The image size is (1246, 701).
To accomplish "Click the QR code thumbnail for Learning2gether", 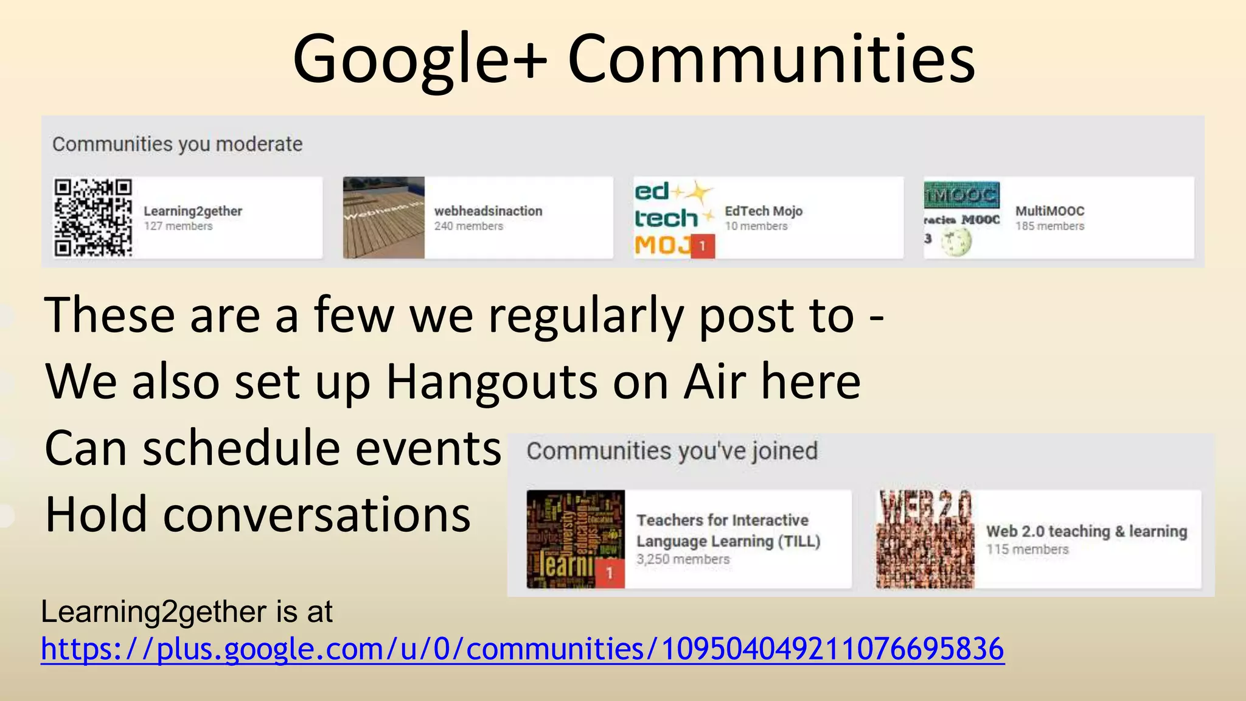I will (92, 217).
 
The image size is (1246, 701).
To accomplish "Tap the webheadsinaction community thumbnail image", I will (383, 217).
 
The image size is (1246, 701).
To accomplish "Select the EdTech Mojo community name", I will (764, 211).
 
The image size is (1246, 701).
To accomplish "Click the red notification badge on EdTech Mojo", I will (703, 246).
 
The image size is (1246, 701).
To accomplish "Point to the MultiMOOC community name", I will (1049, 211).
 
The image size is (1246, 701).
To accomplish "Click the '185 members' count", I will (1049, 226).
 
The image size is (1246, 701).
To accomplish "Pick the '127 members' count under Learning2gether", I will (178, 226).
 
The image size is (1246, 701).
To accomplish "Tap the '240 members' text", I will (468, 226).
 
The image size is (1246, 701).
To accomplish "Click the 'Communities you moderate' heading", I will (177, 144).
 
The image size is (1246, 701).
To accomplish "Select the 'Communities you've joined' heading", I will (672, 451).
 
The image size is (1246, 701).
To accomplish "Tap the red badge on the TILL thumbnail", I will (610, 574).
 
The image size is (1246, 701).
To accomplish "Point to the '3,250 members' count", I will (683, 559).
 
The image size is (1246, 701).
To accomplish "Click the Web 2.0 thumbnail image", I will (925, 539).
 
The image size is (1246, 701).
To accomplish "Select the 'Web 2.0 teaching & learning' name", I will (1087, 531).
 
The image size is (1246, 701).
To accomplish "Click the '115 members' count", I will (1027, 549).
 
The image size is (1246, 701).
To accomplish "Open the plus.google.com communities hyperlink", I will (522, 649).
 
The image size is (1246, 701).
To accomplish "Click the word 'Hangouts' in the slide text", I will (492, 382).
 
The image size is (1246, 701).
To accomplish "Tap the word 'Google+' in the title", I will (420, 59).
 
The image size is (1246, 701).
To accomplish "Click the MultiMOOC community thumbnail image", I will (961, 217).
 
